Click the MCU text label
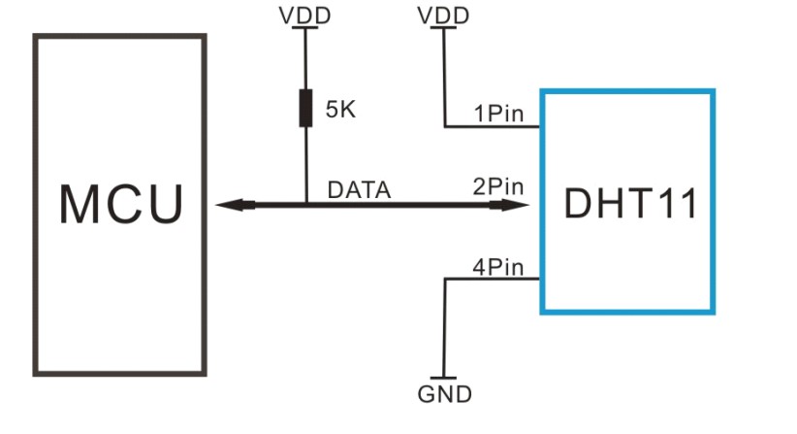(x=121, y=204)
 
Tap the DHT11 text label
(x=631, y=204)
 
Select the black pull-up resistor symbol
(x=305, y=108)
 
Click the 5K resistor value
(x=340, y=110)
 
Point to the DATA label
(x=359, y=189)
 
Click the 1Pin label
(x=498, y=113)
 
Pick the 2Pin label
(x=498, y=186)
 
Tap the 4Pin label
(x=498, y=267)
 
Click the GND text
(x=445, y=394)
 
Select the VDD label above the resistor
(x=305, y=16)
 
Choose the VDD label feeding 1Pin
(x=443, y=16)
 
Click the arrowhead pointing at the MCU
(x=235, y=205)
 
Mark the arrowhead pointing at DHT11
(x=510, y=205)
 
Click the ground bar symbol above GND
(x=443, y=378)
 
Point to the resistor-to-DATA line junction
(x=306, y=205)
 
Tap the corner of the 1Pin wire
(x=445, y=126)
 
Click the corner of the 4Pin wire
(x=445, y=279)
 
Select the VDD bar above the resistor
(x=305, y=27)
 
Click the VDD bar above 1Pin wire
(x=443, y=27)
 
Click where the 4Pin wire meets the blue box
(x=540, y=279)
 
